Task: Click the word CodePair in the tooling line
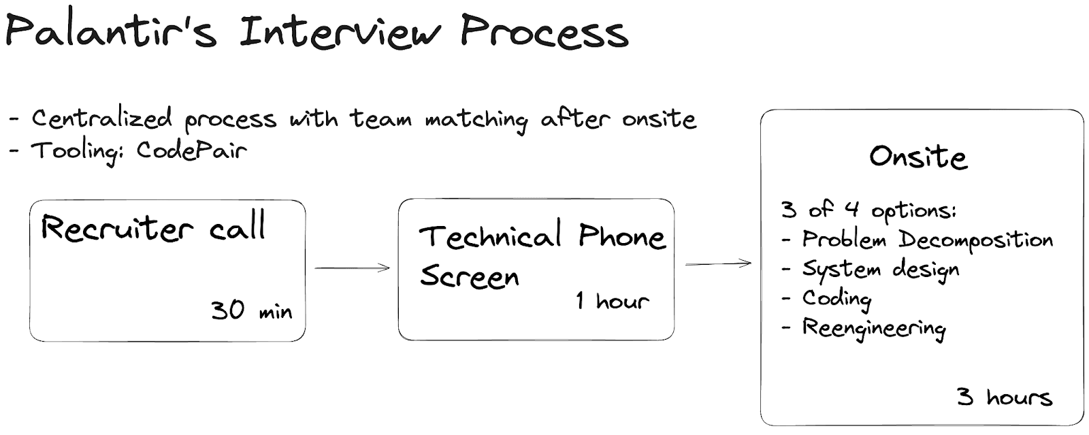(191, 150)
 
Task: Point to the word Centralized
(101, 119)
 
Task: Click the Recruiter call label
(153, 228)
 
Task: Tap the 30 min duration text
(251, 310)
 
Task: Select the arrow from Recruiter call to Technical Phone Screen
(352, 268)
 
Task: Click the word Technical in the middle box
(490, 237)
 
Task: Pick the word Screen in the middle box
(470, 276)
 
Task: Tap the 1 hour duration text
(612, 300)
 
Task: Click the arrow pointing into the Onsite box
(717, 264)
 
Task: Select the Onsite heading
(918, 157)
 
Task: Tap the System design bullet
(879, 270)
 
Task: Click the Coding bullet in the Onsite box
(836, 298)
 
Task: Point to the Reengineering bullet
(873, 328)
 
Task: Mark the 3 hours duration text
(1005, 397)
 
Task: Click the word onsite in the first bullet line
(659, 120)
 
